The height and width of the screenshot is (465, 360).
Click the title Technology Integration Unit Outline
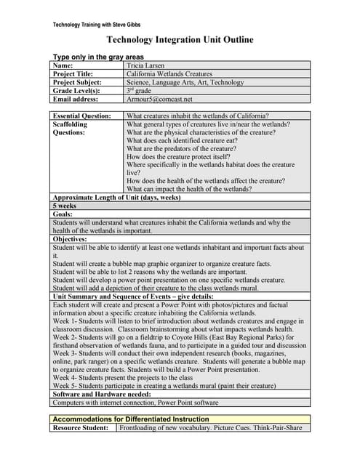point(180,40)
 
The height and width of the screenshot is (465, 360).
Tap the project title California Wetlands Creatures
point(169,73)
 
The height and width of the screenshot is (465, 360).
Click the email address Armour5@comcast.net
point(159,99)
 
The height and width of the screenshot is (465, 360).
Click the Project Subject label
point(81,82)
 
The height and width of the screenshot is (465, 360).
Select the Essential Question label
point(82,116)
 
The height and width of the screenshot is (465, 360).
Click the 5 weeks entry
point(66,206)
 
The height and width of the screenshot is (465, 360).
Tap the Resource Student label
point(82,428)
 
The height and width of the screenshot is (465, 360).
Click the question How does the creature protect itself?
point(178,157)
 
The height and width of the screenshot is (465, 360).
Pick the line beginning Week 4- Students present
point(123,378)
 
